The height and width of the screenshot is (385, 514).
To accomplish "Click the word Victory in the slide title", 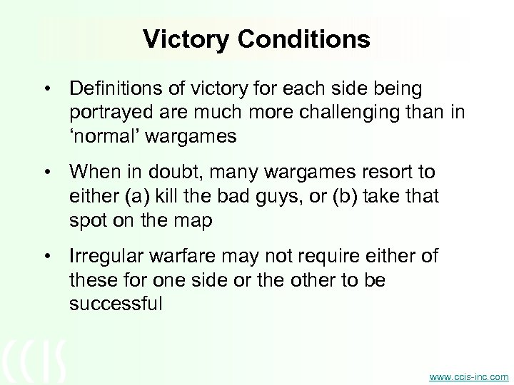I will pyautogui.click(x=187, y=39).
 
